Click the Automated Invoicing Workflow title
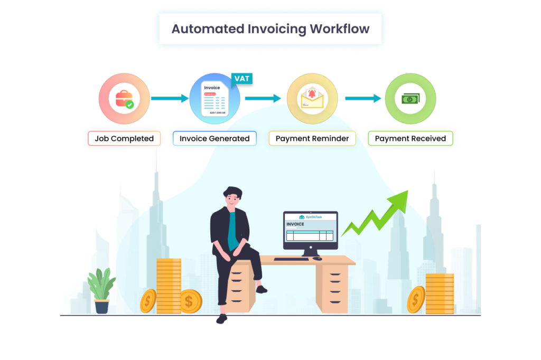click(x=270, y=29)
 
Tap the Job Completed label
click(x=124, y=139)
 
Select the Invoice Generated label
click(x=214, y=139)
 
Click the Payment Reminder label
click(x=312, y=139)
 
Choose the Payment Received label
click(x=411, y=139)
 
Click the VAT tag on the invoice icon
click(x=242, y=79)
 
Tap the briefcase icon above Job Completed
click(x=124, y=99)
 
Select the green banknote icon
click(x=411, y=99)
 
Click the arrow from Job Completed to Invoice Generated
click(x=170, y=98)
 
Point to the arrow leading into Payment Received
click(x=363, y=98)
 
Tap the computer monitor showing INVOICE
click(x=310, y=230)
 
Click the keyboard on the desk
click(x=292, y=259)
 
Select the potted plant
click(x=101, y=290)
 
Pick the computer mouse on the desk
click(x=317, y=259)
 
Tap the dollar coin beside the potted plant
click(x=148, y=300)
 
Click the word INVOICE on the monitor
click(x=295, y=224)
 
